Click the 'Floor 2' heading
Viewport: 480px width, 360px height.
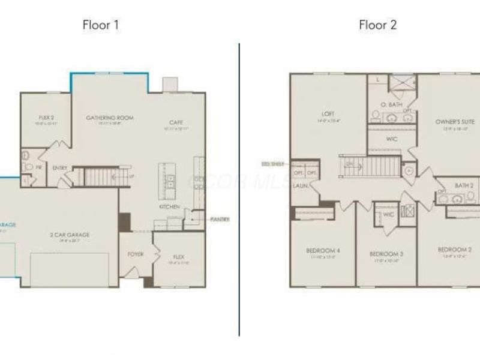click(x=377, y=25)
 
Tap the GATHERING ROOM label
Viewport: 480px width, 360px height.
click(x=109, y=118)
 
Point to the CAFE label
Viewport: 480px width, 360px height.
click(x=176, y=122)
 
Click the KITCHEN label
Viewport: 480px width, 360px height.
click(x=169, y=206)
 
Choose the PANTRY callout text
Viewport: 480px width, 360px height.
click(x=220, y=219)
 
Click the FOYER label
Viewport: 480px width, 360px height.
click(x=136, y=254)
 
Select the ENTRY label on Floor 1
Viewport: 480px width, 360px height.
click(x=60, y=168)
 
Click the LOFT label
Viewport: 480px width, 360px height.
click(x=328, y=113)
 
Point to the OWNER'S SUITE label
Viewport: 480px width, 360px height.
click(x=455, y=122)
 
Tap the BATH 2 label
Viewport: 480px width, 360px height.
click(x=464, y=186)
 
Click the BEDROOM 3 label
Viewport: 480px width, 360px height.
click(x=386, y=254)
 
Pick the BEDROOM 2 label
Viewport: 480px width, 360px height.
click(x=454, y=250)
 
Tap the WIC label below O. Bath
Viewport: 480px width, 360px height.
click(x=392, y=139)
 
